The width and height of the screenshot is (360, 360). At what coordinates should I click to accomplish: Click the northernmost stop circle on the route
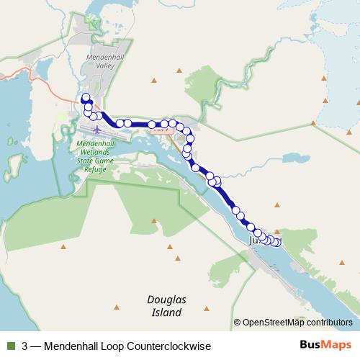pos(86,98)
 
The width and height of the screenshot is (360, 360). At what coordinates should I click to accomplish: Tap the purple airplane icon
pos(96,129)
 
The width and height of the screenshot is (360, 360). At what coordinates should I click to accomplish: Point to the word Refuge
pos(96,168)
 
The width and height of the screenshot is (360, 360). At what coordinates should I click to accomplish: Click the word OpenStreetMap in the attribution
pos(274,323)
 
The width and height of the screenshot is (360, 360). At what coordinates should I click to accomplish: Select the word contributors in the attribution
pos(329,323)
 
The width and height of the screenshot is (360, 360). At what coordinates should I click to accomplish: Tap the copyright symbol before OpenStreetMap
pos(237,323)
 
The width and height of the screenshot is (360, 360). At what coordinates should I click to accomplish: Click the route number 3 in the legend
pos(25,346)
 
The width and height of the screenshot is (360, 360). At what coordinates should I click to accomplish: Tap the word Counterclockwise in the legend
pos(172,346)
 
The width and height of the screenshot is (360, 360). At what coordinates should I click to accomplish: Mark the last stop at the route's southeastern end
pos(277,242)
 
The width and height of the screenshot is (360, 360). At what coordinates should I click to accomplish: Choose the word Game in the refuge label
pos(110,160)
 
